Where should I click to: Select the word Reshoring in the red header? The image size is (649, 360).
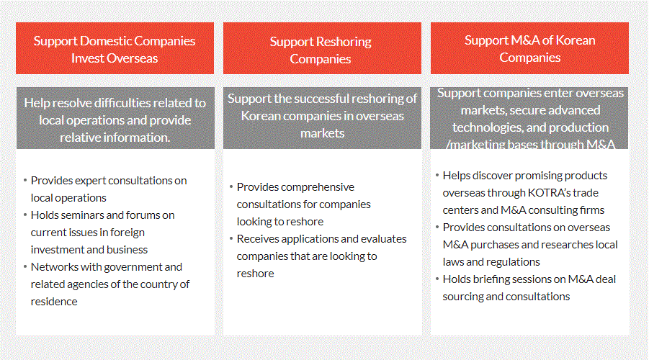344,42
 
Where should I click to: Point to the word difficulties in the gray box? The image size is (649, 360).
122,103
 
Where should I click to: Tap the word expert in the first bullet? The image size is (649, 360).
90,181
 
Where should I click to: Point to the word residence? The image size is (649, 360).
54,302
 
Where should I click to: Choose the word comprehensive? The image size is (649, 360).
318,187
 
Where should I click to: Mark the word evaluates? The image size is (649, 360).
385,239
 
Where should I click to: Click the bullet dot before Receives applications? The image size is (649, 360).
231,239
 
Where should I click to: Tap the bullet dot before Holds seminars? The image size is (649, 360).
25,215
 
